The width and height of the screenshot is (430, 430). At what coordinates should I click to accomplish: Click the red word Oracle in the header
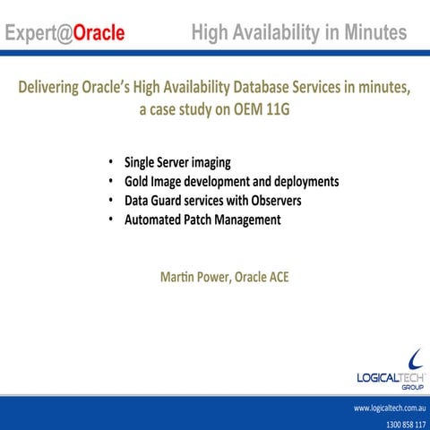[99, 34]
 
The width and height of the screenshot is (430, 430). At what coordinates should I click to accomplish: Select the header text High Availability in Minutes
[299, 33]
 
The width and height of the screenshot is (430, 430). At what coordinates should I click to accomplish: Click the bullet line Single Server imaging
[177, 162]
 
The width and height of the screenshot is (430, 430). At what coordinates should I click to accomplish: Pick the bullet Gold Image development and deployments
[231, 181]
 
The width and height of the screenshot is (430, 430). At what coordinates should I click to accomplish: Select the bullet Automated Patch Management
[202, 219]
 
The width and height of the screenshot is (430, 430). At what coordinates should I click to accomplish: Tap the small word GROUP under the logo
[413, 388]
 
